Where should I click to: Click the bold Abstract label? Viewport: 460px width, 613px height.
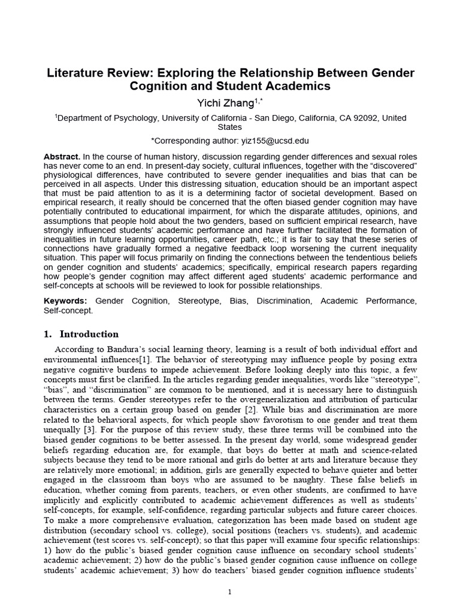62,156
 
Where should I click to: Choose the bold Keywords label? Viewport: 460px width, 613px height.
65,301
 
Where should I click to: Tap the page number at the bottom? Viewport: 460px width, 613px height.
230,592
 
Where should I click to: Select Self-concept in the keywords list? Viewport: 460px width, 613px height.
68,311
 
